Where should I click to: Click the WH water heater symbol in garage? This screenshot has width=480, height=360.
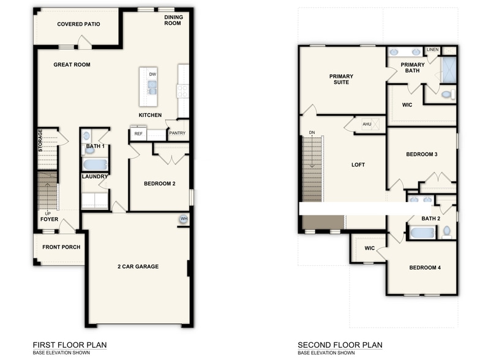[184, 219]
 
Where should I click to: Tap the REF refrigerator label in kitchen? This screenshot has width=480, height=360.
[138, 133]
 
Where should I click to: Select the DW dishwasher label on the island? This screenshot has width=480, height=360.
[152, 74]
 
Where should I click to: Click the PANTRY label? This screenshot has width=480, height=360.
[178, 133]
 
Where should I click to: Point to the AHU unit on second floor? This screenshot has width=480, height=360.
[370, 124]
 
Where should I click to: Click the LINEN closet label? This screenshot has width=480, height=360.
[432, 50]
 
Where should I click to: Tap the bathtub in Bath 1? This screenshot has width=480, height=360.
[95, 164]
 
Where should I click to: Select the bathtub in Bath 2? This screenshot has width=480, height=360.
[422, 233]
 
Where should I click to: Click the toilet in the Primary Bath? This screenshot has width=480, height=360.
[448, 94]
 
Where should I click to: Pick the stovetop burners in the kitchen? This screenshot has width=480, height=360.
[182, 91]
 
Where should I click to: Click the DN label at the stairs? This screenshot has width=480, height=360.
[312, 132]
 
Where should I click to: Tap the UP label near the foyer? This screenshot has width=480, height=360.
[48, 213]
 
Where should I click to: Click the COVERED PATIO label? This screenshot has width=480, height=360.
[78, 24]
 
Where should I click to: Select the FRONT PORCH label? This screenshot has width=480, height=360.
[61, 247]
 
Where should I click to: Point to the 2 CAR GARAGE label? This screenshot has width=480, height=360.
[138, 267]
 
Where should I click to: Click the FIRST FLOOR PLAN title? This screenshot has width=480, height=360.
[70, 345]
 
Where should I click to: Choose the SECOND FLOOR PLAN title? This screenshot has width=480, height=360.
[340, 345]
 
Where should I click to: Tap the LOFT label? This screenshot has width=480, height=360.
[358, 165]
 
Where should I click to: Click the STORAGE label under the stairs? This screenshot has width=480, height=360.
[40, 141]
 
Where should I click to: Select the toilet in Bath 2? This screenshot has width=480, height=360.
[447, 232]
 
